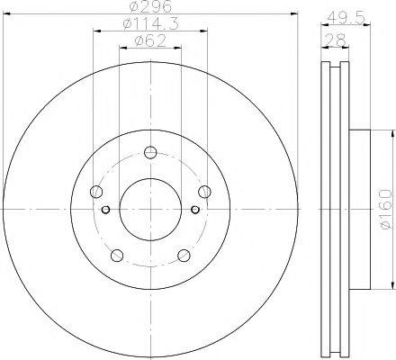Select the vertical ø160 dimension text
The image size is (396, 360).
385,208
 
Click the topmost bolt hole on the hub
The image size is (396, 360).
150,151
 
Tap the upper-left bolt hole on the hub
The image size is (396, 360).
96,190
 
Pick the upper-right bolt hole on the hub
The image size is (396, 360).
205,190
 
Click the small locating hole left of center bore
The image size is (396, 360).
107,211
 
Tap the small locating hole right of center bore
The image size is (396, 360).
194,211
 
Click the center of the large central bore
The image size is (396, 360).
150,209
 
